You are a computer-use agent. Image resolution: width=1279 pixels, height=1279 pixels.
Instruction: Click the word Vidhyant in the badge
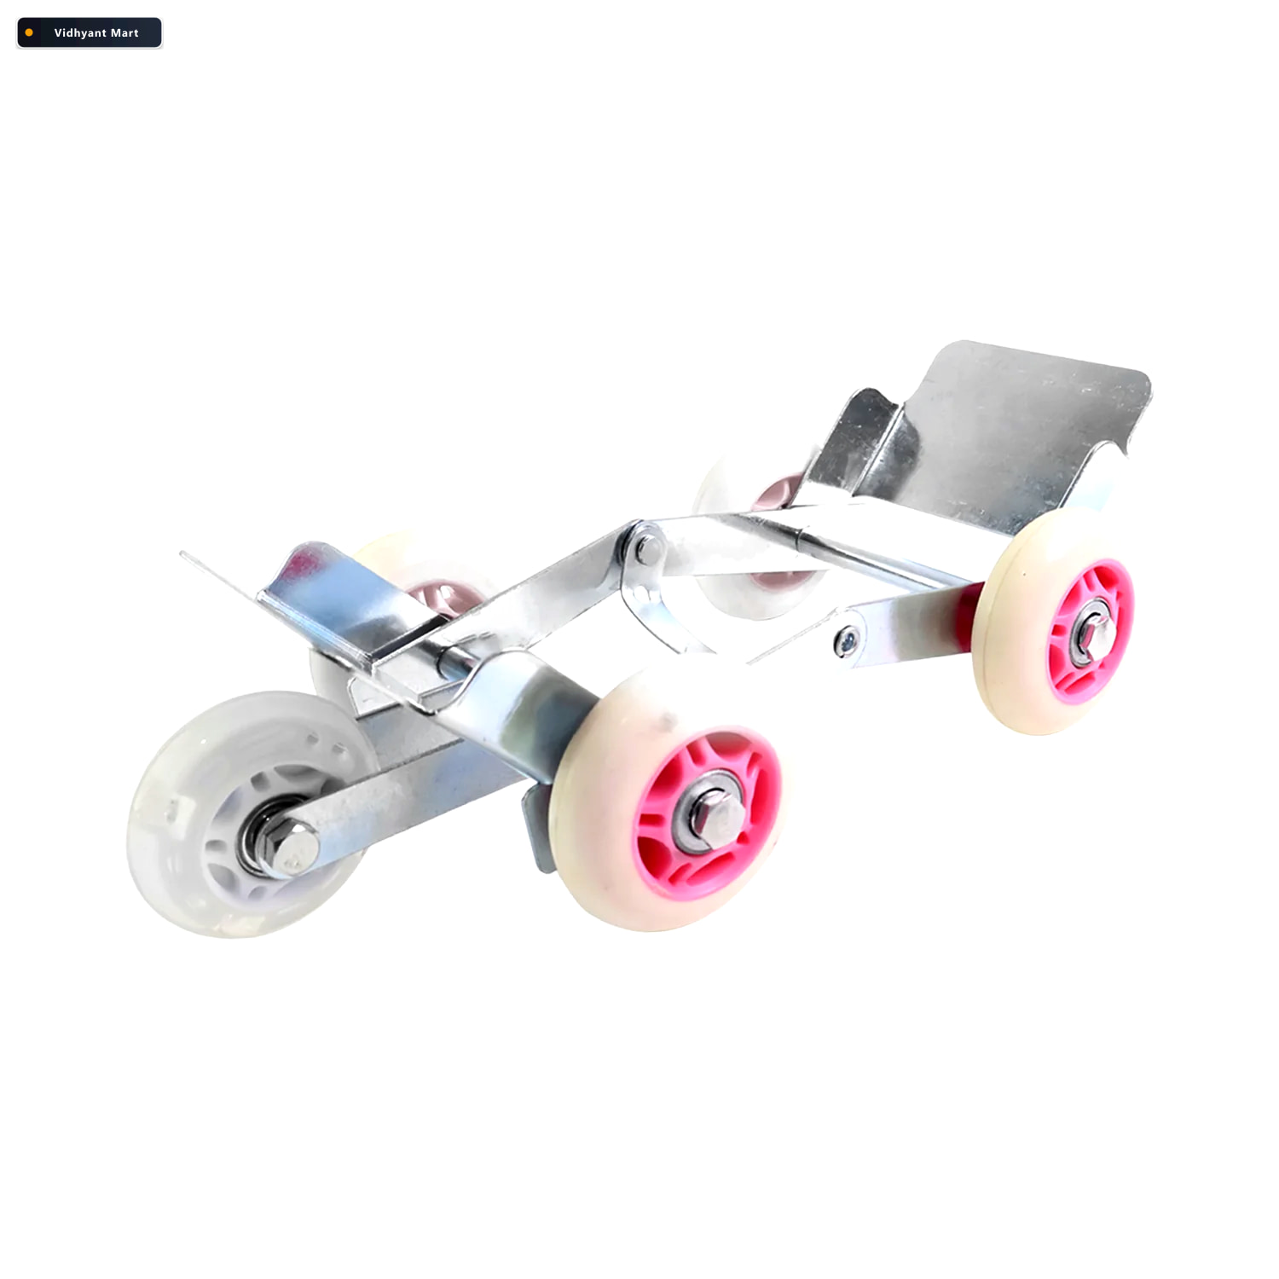[x=79, y=33]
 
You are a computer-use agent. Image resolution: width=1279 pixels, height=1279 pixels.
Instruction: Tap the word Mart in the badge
[x=124, y=33]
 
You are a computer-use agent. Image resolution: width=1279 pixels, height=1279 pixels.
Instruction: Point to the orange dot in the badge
[x=29, y=33]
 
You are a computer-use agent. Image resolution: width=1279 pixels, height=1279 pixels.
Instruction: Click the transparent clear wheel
[x=247, y=814]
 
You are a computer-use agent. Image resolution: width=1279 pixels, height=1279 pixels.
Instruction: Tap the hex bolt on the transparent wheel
[x=294, y=847]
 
